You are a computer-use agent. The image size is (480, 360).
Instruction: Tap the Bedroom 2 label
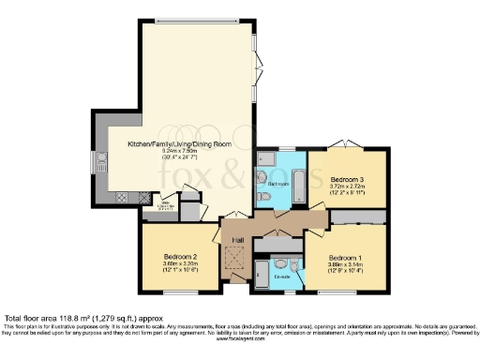(x=179, y=257)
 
